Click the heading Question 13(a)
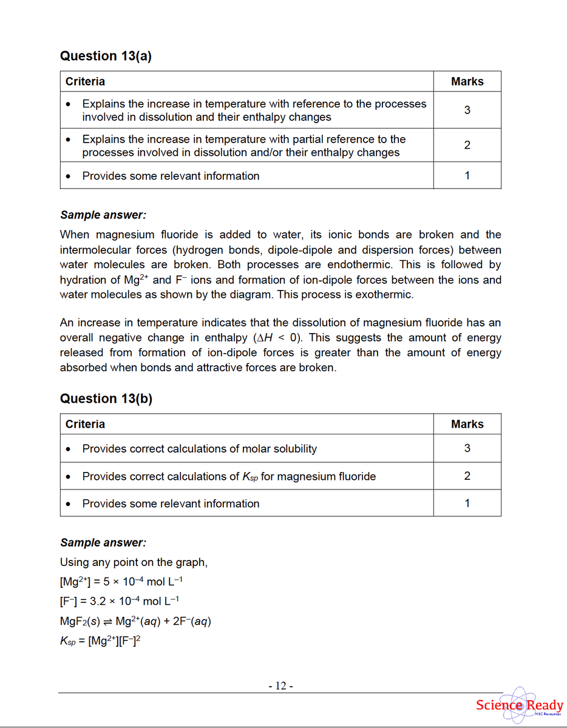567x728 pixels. [106, 56]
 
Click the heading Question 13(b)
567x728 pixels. [106, 399]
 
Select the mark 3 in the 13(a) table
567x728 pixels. [467, 110]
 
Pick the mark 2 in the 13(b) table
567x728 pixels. [467, 476]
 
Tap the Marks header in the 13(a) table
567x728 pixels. [467, 81]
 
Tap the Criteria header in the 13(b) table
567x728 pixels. [85, 424]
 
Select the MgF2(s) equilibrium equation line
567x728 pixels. [135, 621]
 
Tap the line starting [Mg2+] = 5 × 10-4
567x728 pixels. [121, 582]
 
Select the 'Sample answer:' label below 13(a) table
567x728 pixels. [103, 215]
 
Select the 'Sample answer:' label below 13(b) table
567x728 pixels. [103, 542]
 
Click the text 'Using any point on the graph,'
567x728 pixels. [134, 562]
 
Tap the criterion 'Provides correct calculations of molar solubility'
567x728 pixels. [199, 449]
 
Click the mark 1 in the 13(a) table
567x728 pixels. [467, 175]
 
